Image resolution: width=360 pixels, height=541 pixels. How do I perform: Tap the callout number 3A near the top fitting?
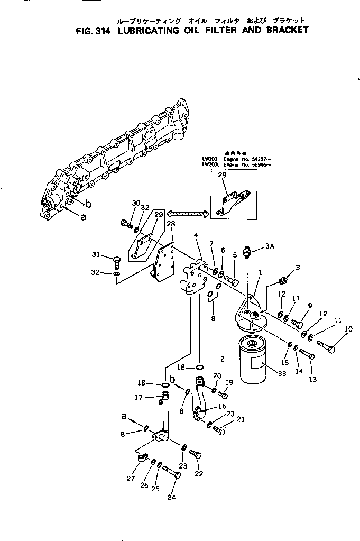point(270,246)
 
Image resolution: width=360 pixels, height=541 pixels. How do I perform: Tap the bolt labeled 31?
point(117,260)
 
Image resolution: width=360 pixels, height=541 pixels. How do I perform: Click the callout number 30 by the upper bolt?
point(122,203)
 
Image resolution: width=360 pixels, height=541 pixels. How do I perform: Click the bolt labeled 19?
point(224,394)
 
